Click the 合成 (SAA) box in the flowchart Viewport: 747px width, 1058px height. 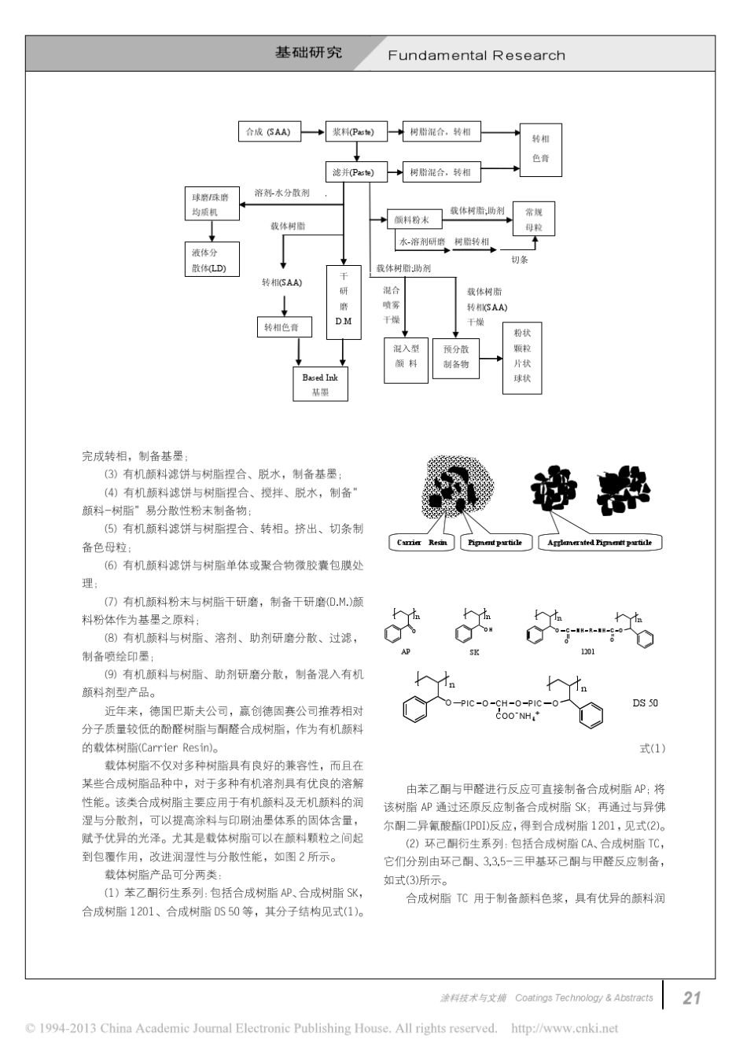click(x=268, y=132)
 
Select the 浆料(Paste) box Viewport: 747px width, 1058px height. click(x=356, y=132)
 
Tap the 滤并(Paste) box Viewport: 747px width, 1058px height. click(x=356, y=172)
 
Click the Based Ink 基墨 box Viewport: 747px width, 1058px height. click(x=320, y=384)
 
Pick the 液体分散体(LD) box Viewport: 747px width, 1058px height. click(x=211, y=260)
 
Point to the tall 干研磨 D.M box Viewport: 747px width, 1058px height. click(x=344, y=301)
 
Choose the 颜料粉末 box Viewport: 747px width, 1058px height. click(x=411, y=220)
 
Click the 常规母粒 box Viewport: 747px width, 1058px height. click(x=533, y=219)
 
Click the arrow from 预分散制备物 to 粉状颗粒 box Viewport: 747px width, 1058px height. click(x=491, y=359)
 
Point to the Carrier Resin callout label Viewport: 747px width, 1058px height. click(x=421, y=542)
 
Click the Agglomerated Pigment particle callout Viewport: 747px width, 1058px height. click(x=601, y=542)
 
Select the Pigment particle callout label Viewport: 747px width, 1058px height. click(x=495, y=542)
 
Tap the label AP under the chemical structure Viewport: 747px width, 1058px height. click(x=406, y=651)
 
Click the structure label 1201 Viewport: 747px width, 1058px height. click(x=587, y=651)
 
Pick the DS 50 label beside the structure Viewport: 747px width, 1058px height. click(x=645, y=703)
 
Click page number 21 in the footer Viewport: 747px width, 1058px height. click(x=691, y=997)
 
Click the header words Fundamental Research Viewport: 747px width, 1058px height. click(x=477, y=56)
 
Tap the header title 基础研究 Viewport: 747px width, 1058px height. click(x=308, y=53)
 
